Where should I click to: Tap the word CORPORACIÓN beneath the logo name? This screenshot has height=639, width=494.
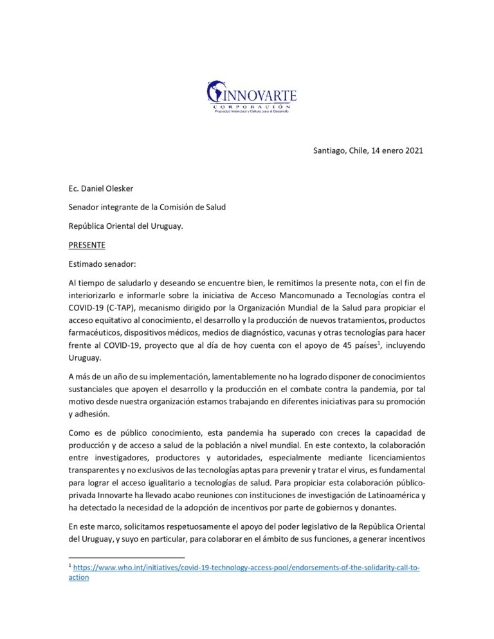pos(253,105)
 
